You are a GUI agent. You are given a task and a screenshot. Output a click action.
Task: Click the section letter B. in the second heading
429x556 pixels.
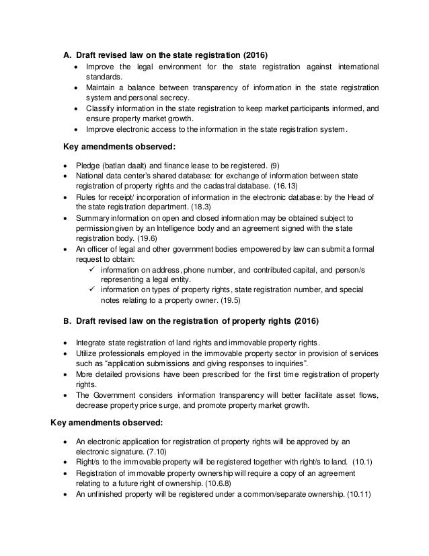coord(67,318)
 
